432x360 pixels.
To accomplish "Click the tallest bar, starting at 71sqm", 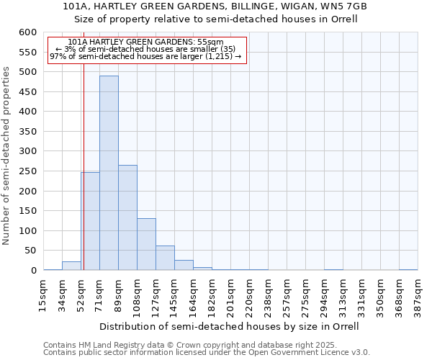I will coord(109,173).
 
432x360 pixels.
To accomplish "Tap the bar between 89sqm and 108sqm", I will coord(127,217).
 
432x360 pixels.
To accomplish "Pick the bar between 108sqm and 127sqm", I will coord(146,244).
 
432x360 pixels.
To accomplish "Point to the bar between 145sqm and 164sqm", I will coord(184,265).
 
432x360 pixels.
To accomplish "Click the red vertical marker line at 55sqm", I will coord(84,144).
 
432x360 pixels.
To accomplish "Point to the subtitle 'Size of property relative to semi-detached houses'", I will coord(216,19).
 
